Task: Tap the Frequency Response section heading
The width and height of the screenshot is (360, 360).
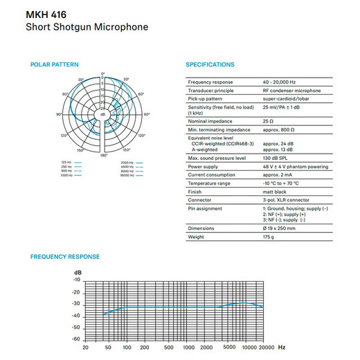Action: coord(65,257)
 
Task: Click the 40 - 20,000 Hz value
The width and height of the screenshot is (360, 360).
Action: coord(285,82)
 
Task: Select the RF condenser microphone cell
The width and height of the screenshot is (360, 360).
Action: coord(291,91)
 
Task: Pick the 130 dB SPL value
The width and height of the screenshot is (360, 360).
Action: coord(278,159)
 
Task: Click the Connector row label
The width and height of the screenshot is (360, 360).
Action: coord(201,199)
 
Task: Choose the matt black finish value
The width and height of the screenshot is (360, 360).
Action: coord(276,192)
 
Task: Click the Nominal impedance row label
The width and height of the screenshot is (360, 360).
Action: coord(209,120)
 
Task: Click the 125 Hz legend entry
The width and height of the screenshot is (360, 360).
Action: coord(67,162)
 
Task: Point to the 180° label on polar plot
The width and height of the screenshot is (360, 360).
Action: coord(105,156)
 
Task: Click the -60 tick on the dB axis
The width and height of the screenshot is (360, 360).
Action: coord(76,339)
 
